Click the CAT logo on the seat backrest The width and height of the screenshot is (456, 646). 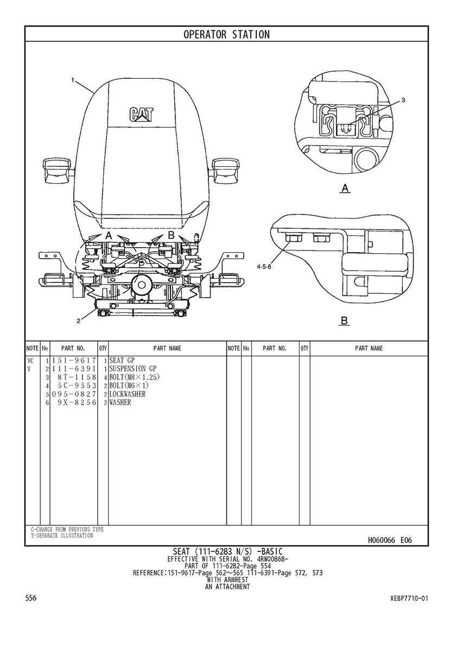[x=141, y=114]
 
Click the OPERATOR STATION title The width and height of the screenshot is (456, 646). [x=226, y=35]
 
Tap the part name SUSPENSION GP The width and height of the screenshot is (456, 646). [x=132, y=368]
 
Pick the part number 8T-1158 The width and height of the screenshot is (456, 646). [x=77, y=377]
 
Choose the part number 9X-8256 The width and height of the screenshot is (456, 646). [x=77, y=403]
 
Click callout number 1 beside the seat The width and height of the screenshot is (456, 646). [x=73, y=80]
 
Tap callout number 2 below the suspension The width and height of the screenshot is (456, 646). [x=78, y=321]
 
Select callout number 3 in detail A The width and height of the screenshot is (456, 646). [x=403, y=101]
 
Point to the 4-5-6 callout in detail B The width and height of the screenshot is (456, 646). [x=264, y=267]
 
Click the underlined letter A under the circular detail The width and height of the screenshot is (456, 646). [x=344, y=189]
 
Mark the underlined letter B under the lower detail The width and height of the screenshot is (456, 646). [x=344, y=321]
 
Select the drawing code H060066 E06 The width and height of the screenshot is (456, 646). [x=390, y=540]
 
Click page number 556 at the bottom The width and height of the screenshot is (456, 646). [x=31, y=598]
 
